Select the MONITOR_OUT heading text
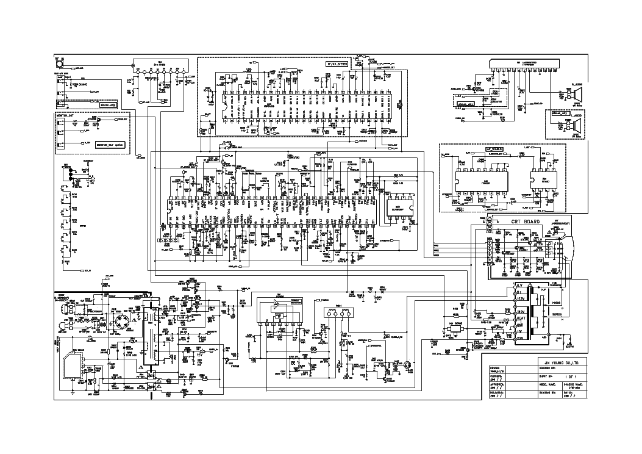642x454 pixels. (x=65, y=114)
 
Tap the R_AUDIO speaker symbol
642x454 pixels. (x=575, y=96)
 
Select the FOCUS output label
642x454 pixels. (x=555, y=302)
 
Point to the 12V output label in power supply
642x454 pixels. (x=199, y=353)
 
